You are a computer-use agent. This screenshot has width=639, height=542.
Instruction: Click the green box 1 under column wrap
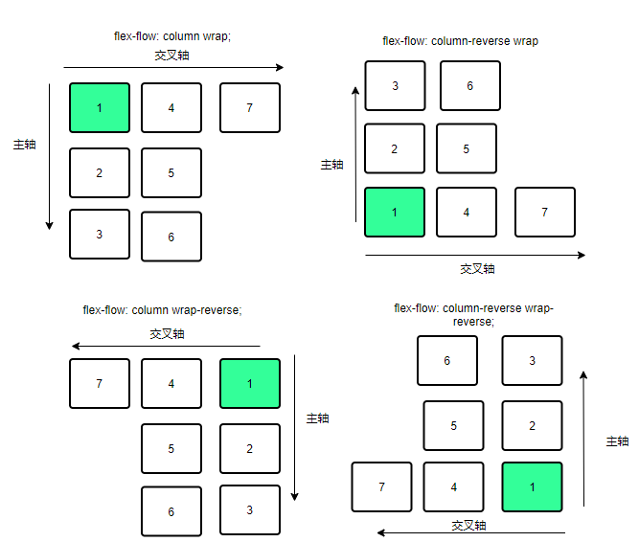[100, 107]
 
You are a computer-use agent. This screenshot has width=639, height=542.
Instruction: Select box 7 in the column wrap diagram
[249, 107]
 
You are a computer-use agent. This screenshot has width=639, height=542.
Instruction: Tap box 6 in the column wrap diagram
[171, 237]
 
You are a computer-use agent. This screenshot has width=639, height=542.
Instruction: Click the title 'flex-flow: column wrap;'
[172, 36]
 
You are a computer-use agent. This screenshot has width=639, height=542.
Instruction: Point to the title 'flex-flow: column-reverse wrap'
[460, 41]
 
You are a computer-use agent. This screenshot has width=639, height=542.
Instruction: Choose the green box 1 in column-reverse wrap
[395, 212]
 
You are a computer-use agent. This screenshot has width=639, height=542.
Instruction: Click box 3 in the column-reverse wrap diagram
[395, 86]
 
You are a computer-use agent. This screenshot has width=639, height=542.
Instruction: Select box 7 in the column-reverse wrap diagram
[544, 212]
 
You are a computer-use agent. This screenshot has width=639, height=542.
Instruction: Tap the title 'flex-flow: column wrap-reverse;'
[162, 310]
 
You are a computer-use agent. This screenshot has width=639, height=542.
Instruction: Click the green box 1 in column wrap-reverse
[249, 383]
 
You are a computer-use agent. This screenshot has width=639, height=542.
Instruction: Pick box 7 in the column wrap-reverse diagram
[100, 383]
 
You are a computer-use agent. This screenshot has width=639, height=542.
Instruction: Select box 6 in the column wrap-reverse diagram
[171, 511]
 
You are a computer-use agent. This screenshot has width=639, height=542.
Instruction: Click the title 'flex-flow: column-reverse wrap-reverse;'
[473, 314]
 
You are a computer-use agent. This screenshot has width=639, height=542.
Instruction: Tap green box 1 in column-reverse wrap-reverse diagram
[532, 486]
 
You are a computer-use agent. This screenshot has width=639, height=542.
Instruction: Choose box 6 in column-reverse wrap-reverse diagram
[447, 361]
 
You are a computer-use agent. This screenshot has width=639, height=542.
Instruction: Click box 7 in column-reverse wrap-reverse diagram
[382, 486]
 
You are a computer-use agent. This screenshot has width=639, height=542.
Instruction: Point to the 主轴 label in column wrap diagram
[25, 145]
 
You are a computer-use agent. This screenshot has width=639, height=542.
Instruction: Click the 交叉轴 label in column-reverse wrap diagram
[477, 269]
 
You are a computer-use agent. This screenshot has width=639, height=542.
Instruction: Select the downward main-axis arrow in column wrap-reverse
[295, 427]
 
